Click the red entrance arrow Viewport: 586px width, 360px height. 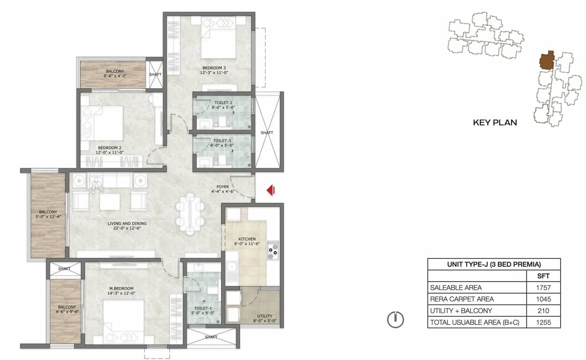(x=271, y=190)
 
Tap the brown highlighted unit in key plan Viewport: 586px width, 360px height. (x=546, y=60)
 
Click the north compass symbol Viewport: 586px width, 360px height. (x=395, y=320)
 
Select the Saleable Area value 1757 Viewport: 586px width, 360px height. (x=543, y=287)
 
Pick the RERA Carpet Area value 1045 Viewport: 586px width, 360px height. (x=543, y=299)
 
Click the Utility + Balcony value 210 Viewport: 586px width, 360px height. (x=543, y=310)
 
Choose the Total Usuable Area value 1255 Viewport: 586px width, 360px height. (x=543, y=322)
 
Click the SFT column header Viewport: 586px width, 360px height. (x=543, y=276)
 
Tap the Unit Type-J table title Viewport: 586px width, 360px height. (x=494, y=264)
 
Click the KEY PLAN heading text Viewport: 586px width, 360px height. (x=495, y=122)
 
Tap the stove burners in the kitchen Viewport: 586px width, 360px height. (x=273, y=250)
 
